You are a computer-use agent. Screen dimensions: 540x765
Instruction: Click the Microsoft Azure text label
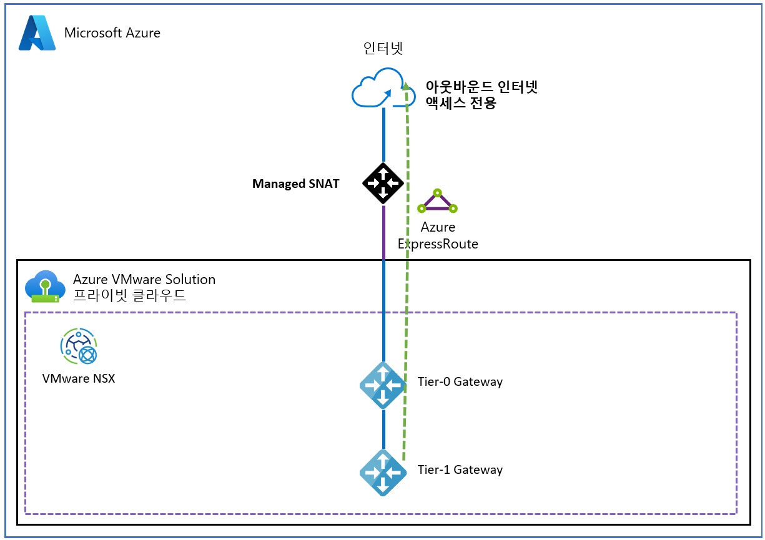112,33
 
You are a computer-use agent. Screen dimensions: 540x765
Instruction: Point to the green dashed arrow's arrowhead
406,86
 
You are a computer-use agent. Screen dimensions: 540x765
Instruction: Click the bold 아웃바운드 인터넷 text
480,87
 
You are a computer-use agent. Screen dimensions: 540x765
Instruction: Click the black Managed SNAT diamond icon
383,183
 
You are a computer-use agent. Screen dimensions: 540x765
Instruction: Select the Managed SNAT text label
295,184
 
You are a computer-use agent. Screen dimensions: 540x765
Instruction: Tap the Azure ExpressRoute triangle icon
437,201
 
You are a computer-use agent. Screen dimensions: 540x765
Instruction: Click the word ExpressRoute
438,244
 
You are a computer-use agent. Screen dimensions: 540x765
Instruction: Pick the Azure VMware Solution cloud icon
44,287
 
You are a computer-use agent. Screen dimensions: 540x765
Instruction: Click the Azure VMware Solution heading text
144,279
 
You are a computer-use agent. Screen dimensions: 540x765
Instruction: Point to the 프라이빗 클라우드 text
129,295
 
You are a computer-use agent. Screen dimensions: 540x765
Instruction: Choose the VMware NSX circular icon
79,347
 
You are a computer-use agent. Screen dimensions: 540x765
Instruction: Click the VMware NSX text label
79,378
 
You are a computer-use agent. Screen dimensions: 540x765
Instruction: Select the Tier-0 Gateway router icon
383,385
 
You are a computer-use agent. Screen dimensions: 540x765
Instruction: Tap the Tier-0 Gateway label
460,381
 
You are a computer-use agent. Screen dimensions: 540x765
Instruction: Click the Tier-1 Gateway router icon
383,473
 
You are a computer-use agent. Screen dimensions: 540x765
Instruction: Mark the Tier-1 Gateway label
460,469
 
